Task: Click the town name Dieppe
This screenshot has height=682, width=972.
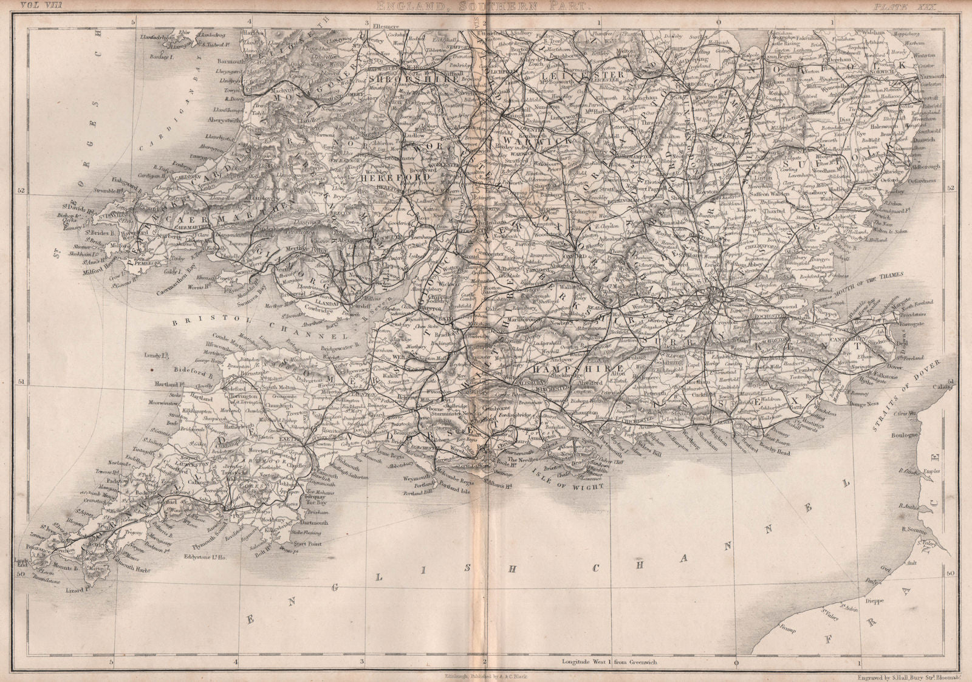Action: pyautogui.click(x=856, y=603)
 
